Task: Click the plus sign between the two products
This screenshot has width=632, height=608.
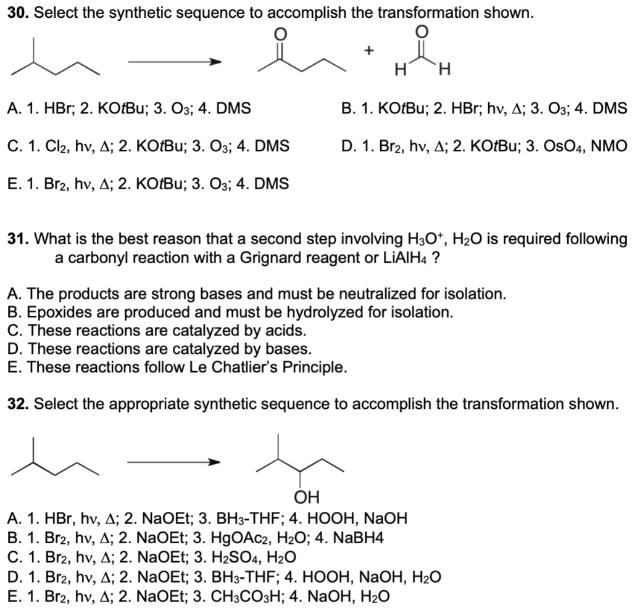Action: click(x=368, y=52)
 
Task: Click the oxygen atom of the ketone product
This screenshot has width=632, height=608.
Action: click(x=279, y=35)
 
